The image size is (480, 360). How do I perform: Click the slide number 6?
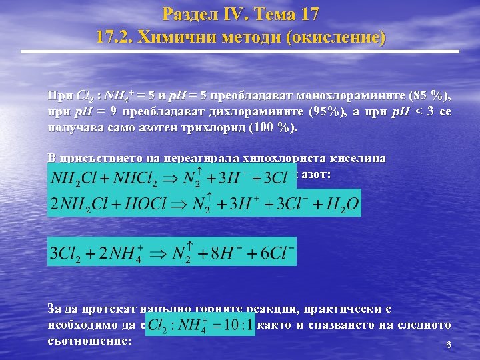coord(449,345)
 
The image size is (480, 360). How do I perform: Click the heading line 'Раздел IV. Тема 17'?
coord(240,14)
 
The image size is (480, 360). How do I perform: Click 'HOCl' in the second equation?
coord(145,203)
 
